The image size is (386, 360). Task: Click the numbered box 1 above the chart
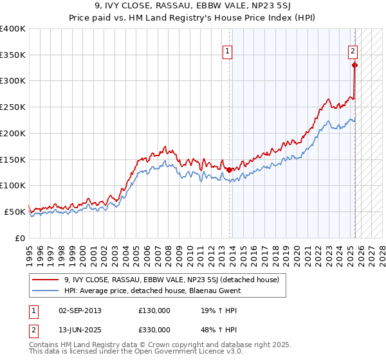tap(228, 53)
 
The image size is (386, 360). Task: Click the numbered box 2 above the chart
tap(353, 53)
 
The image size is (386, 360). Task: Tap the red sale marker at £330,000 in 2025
tap(354, 64)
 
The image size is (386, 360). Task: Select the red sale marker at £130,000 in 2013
tap(229, 170)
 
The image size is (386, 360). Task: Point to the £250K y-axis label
tap(13, 107)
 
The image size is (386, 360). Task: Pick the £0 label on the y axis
tap(21, 238)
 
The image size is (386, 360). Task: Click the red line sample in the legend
tap(45, 280)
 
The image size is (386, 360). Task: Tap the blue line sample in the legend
tap(45, 291)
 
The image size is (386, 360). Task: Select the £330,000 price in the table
tap(154, 330)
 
